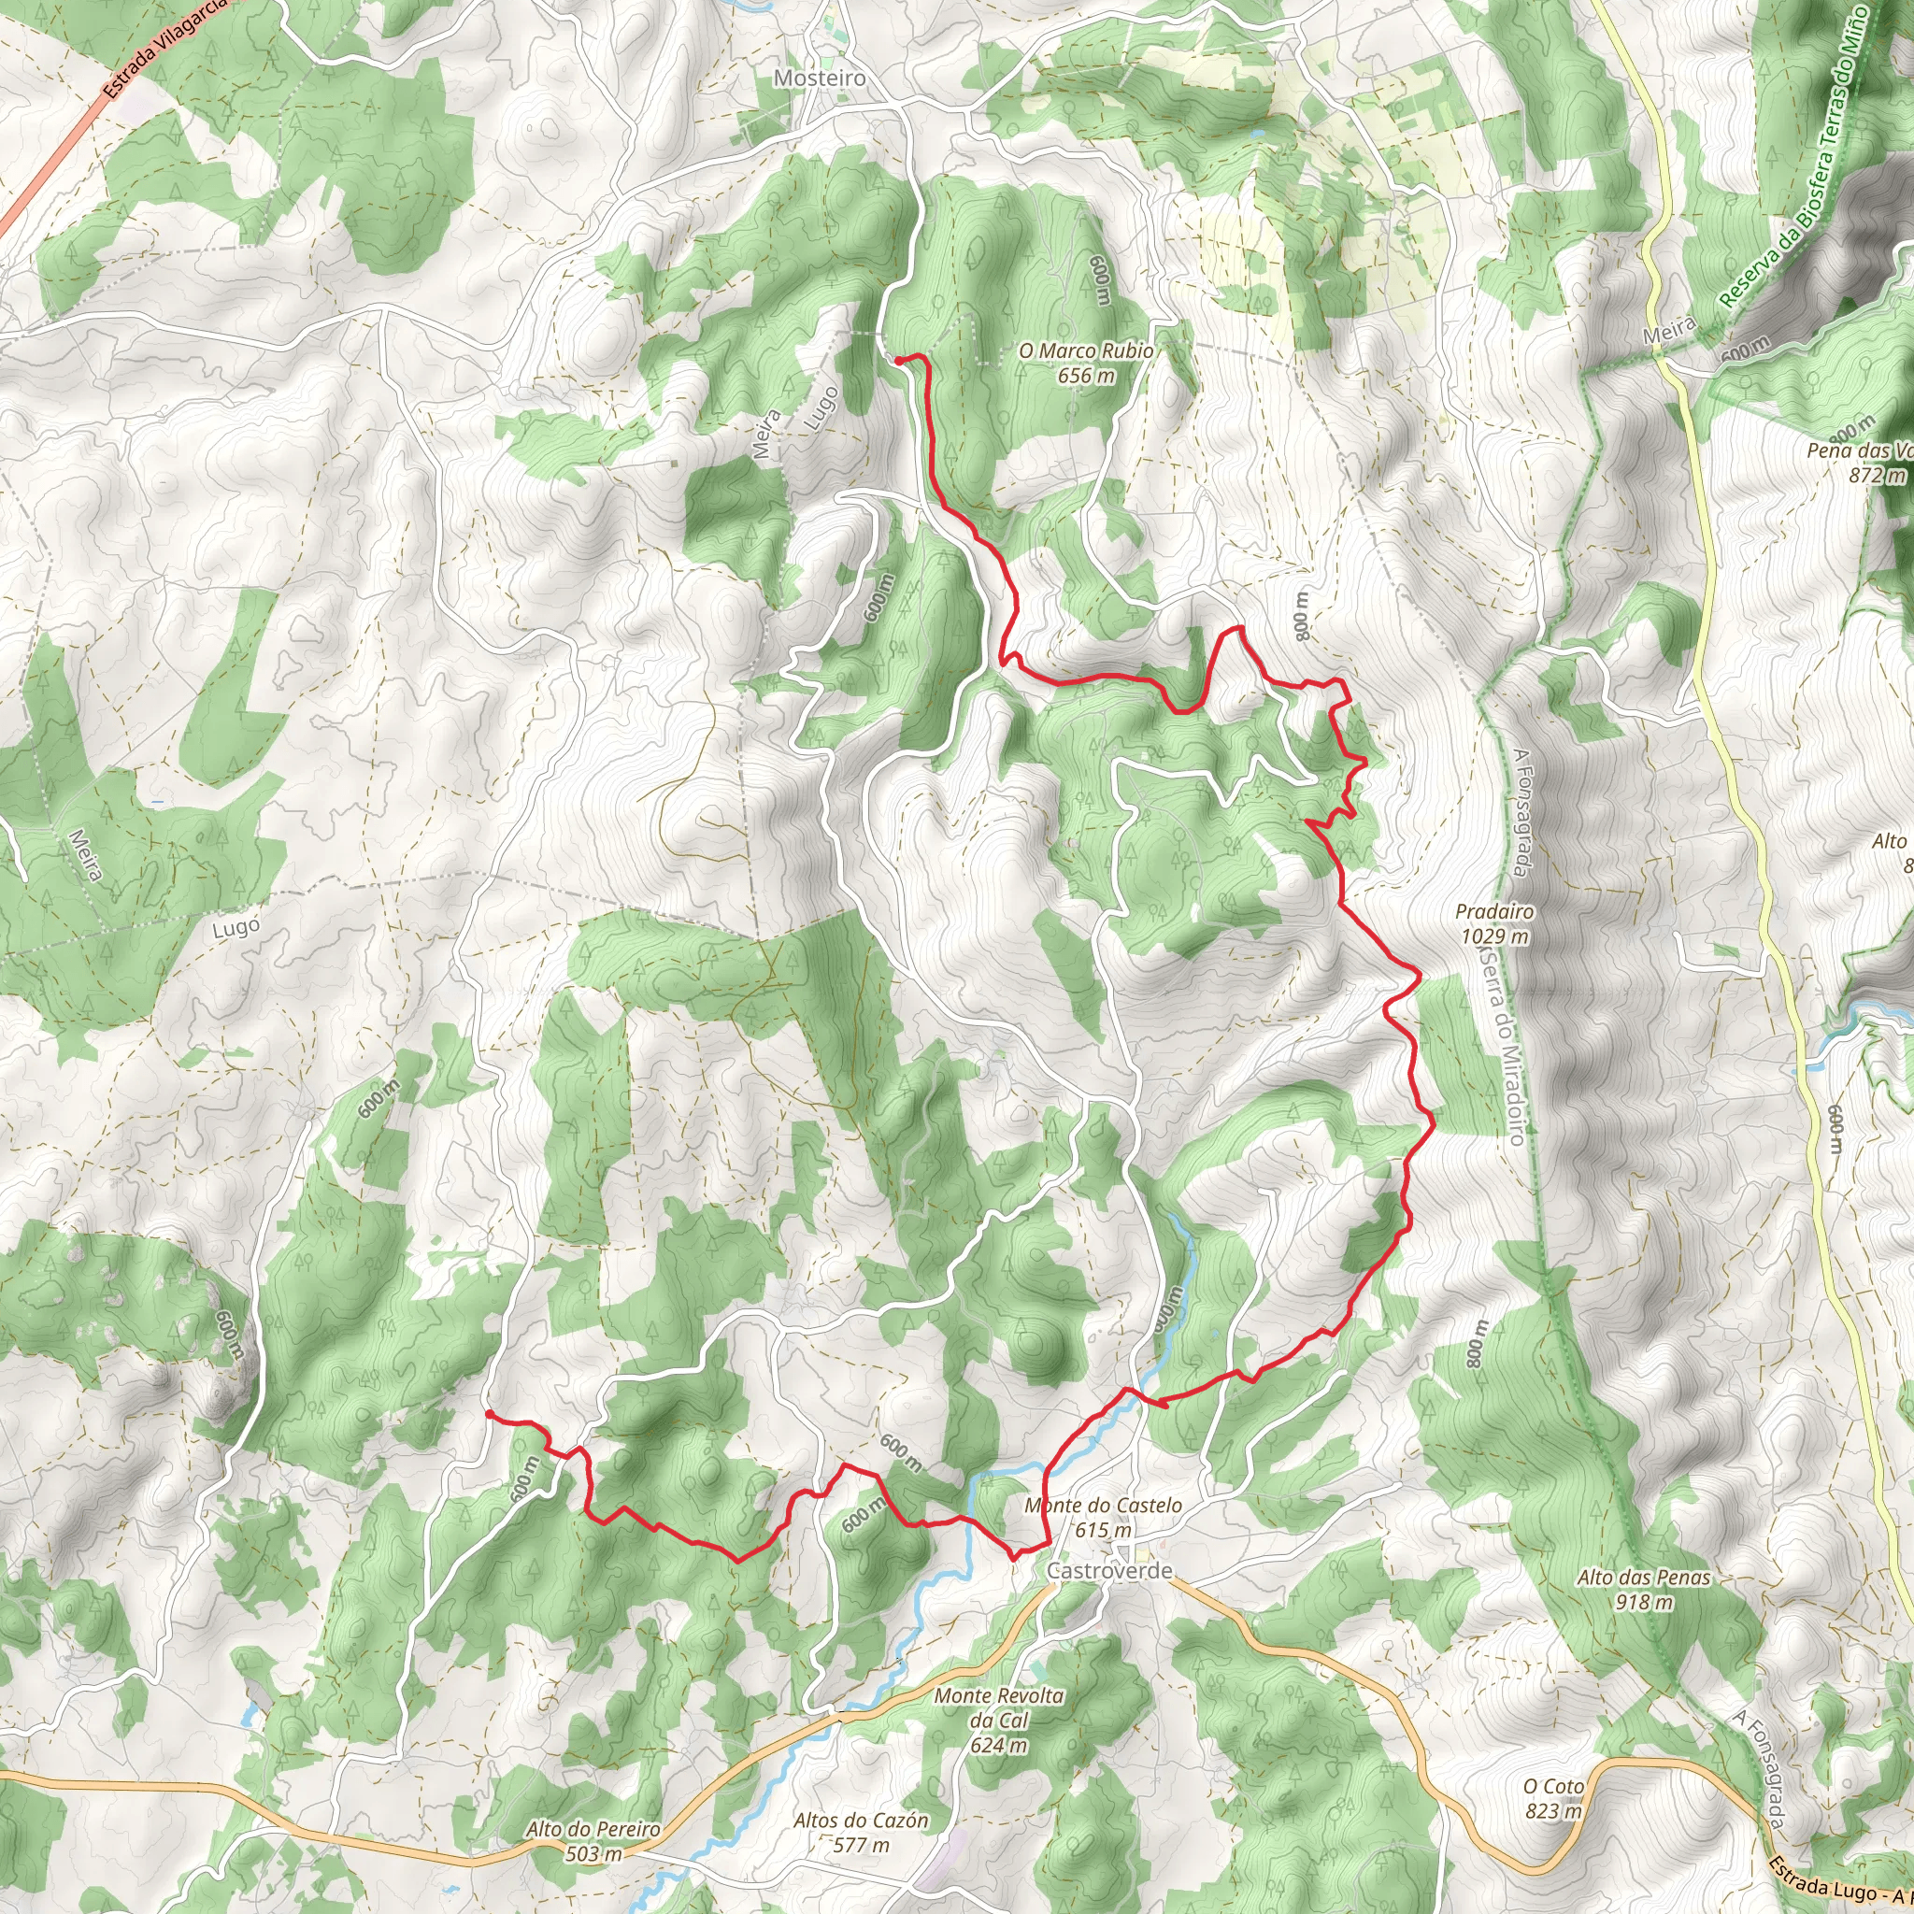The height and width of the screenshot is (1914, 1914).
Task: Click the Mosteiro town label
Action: point(820,78)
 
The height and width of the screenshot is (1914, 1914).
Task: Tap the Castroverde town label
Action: point(1109,1570)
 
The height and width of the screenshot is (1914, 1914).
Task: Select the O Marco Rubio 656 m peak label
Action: point(1086,363)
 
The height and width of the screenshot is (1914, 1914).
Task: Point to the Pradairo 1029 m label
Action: point(1494,923)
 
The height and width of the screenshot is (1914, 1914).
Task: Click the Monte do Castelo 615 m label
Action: point(1103,1517)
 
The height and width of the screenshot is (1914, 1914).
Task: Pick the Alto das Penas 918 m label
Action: point(1644,1588)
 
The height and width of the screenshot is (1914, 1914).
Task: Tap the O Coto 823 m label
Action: point(1553,1798)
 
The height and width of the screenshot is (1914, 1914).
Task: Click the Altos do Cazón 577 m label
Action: point(861,1832)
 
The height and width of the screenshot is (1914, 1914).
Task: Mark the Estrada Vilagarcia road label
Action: point(164,47)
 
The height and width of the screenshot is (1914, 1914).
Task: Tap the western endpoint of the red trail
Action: point(489,1414)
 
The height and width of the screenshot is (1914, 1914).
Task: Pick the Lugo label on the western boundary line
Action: point(236,928)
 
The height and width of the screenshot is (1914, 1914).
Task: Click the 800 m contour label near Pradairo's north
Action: point(1301,615)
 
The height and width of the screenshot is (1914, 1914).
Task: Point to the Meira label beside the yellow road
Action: point(1669,330)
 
